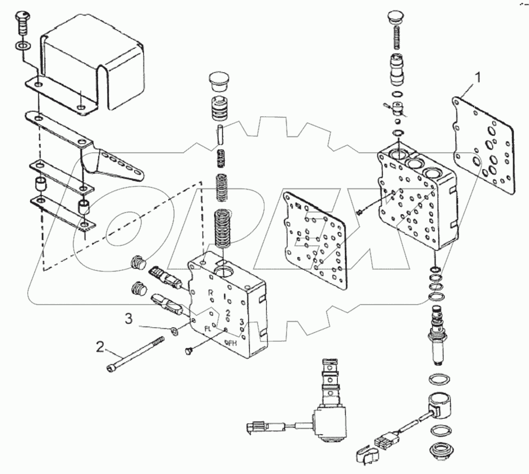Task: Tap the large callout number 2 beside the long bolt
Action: (x=100, y=346)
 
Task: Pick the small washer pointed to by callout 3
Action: (x=174, y=330)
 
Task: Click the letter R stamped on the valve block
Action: (x=210, y=293)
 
